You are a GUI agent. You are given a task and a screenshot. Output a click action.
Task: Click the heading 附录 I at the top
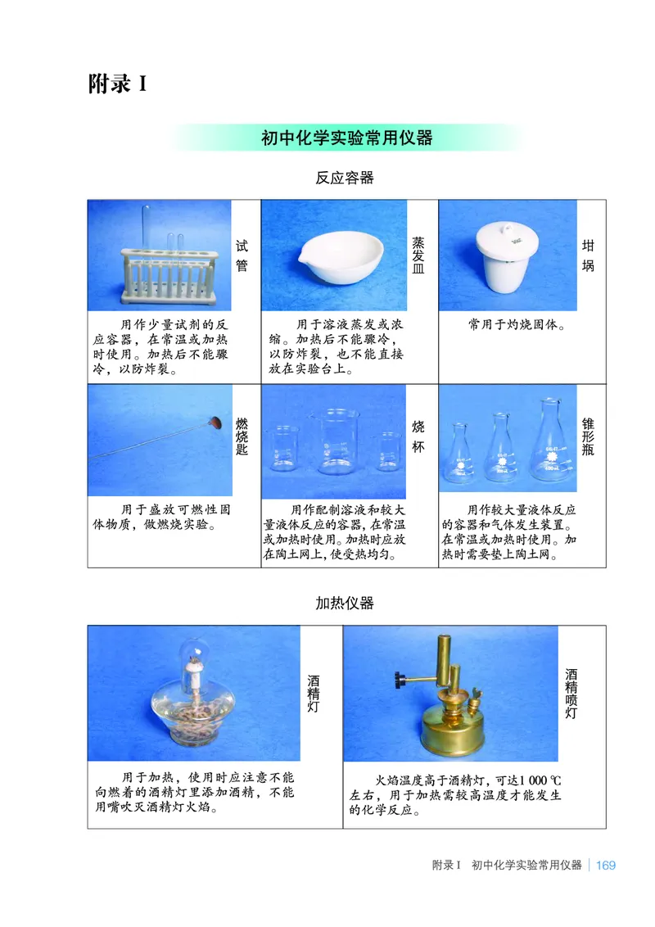click(117, 84)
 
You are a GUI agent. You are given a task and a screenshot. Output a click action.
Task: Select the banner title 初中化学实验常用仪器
click(346, 138)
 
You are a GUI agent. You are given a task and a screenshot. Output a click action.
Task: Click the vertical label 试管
click(242, 255)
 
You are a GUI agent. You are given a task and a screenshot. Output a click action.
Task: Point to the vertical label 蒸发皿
click(418, 255)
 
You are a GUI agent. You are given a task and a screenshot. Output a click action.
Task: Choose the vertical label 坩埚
click(588, 255)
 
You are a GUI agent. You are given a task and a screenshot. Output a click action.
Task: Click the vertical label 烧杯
click(418, 436)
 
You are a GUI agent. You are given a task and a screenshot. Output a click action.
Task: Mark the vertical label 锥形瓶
click(588, 436)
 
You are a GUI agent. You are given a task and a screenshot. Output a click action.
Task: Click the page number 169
click(606, 865)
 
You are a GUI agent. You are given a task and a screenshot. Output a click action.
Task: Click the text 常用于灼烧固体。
click(518, 323)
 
